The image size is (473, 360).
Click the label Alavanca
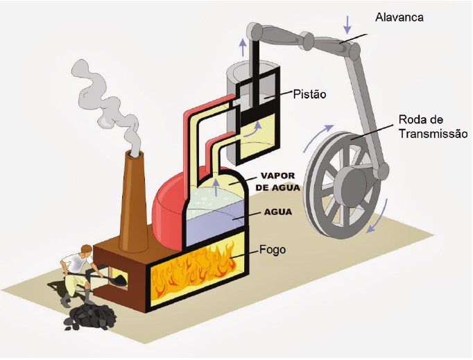[x=399, y=17]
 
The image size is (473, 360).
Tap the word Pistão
[x=310, y=94]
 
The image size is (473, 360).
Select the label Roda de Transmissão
[x=433, y=126]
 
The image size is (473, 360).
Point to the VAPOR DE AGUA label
[x=278, y=182]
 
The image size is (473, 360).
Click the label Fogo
[x=273, y=250]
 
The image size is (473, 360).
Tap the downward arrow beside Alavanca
[x=347, y=24]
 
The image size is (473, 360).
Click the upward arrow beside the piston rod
[x=243, y=47]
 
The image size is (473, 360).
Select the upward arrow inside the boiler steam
[x=216, y=187]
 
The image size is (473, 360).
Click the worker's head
[x=87, y=251]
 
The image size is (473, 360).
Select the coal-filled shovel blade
[x=119, y=280]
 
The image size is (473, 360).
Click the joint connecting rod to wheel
[x=381, y=172]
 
